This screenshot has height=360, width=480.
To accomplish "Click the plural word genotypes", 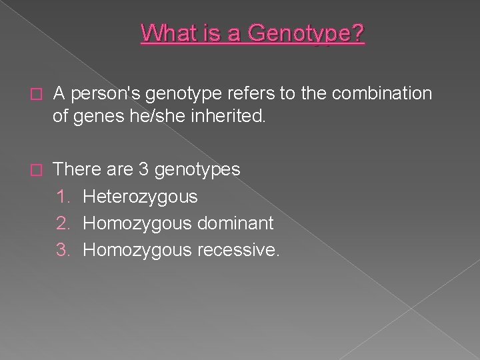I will [197, 170].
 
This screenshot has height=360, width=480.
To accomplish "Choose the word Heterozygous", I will [140, 197].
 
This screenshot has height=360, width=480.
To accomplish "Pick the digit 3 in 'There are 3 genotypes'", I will [143, 169].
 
